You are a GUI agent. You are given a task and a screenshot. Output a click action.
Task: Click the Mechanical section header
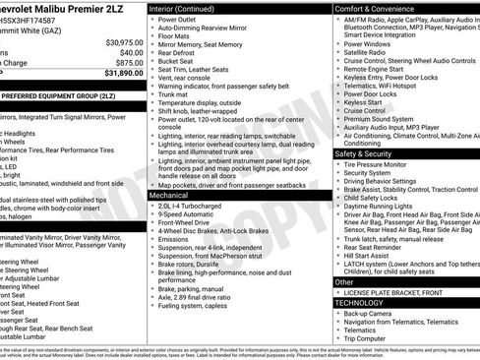click(x=169, y=168)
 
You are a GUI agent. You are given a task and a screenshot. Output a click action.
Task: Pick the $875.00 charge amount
click(x=129, y=62)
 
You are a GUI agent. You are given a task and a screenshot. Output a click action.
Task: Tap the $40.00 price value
click(x=131, y=52)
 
